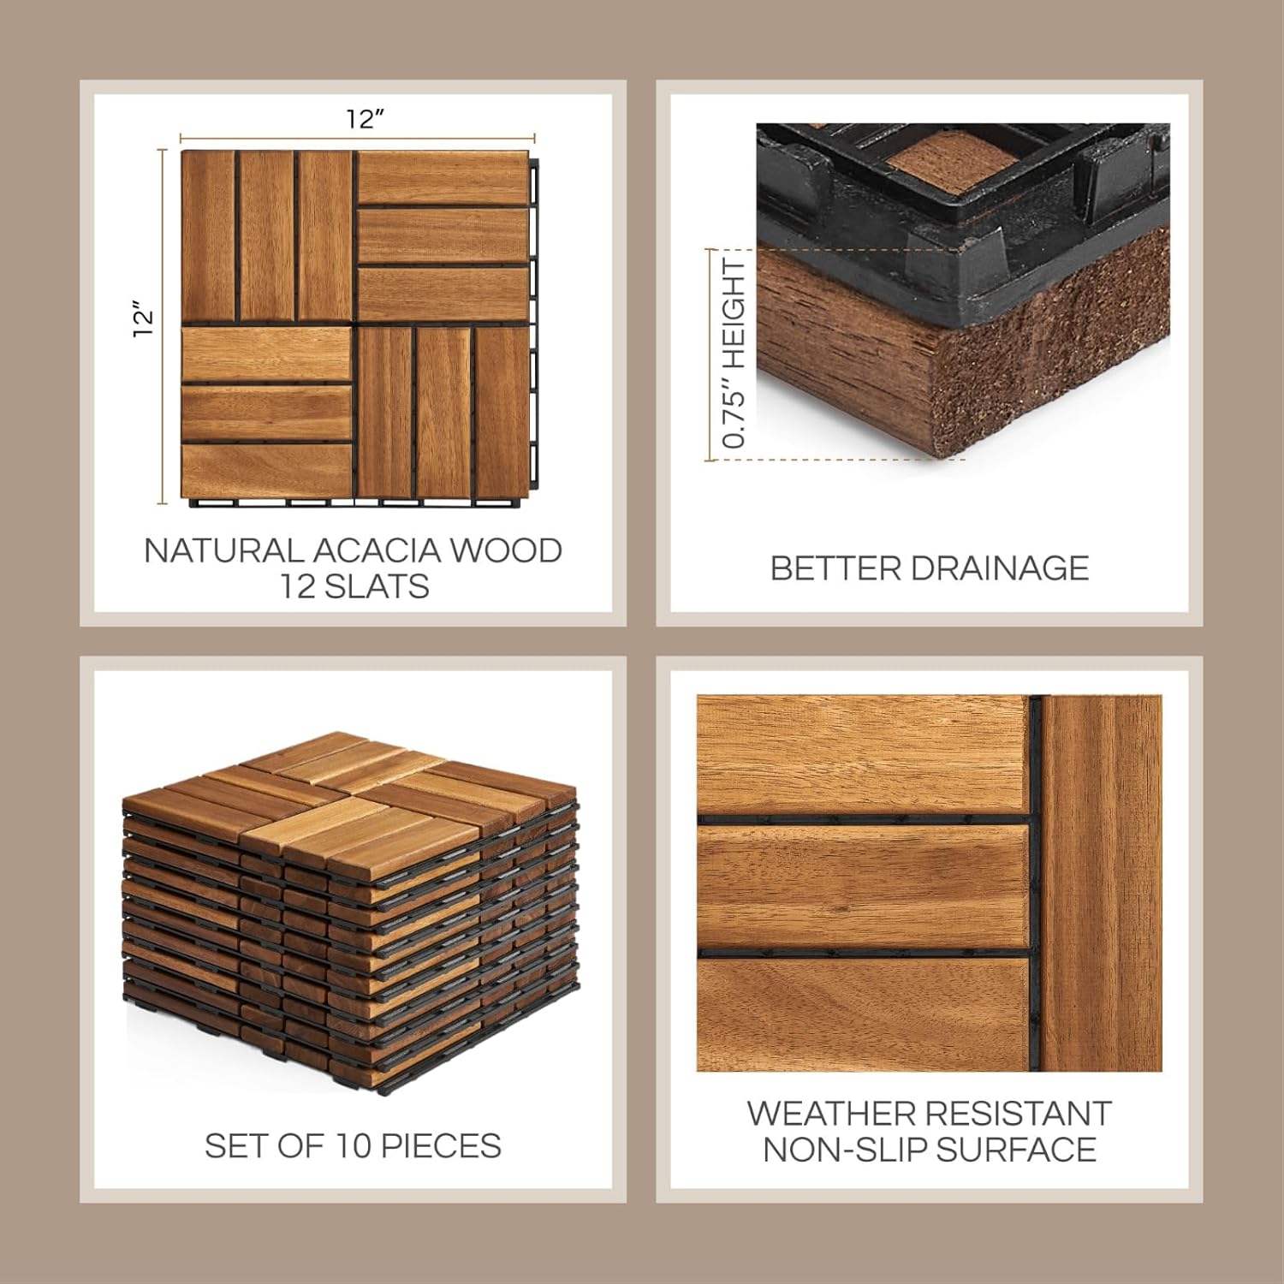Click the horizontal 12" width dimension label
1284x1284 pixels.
365,119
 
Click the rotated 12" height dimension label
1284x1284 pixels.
144,318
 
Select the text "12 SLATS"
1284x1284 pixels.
355,586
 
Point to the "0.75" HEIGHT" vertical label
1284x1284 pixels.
734,354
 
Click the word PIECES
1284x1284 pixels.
441,1145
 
